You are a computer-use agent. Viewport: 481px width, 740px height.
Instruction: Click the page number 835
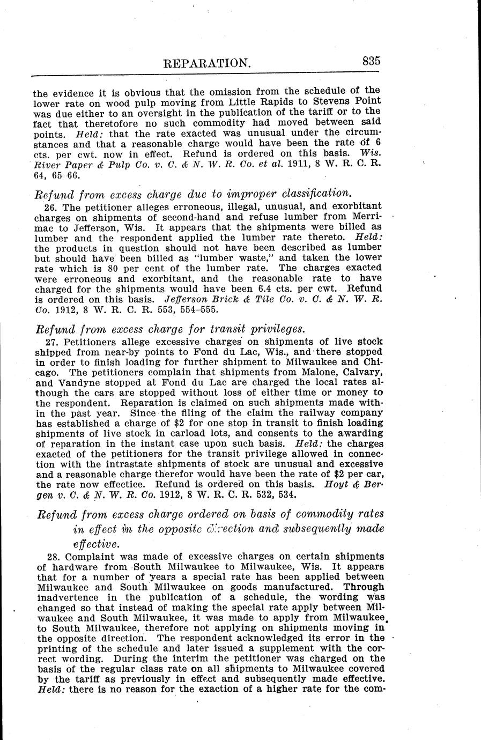[x=371, y=61]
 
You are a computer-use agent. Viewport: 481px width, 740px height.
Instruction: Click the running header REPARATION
[x=206, y=63]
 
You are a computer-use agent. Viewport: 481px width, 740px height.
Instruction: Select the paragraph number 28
[x=54, y=556]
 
